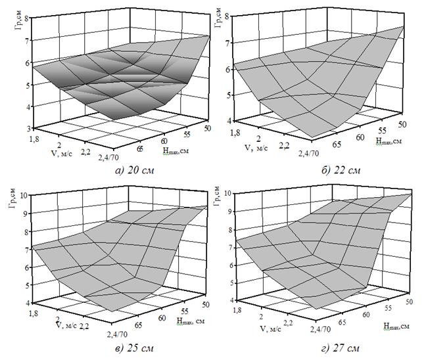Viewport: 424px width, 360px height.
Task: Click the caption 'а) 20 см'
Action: [x=135, y=171]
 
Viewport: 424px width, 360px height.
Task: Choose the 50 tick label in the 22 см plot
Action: [x=402, y=124]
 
